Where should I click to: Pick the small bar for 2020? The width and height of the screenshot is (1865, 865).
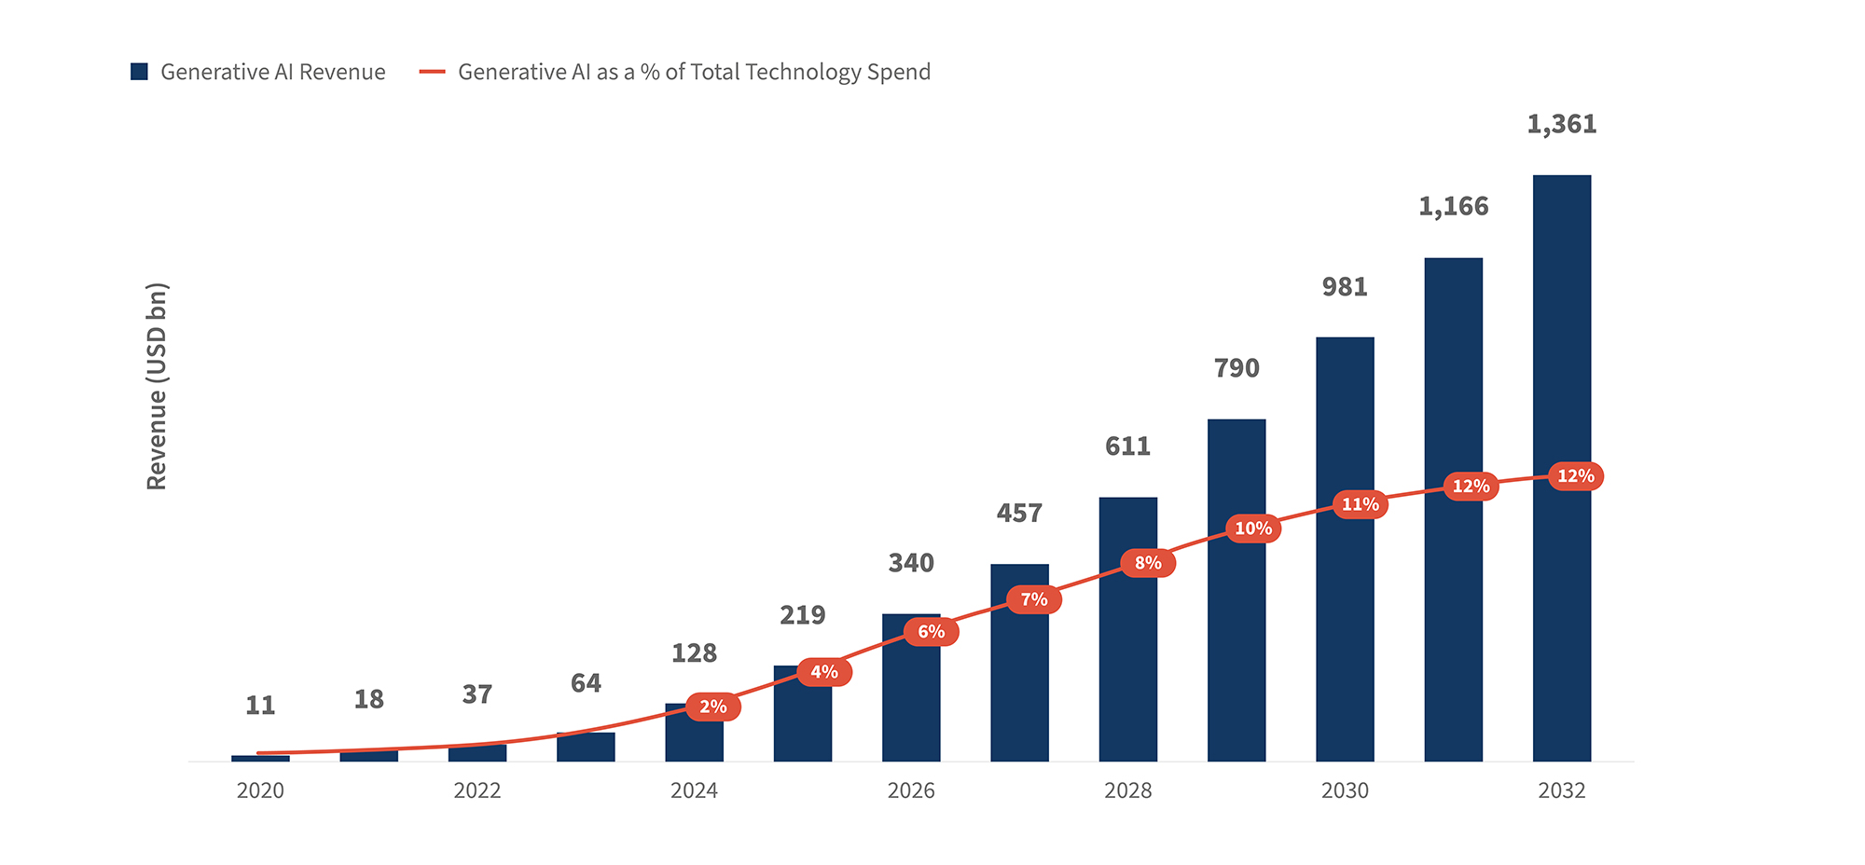pyautogui.click(x=260, y=758)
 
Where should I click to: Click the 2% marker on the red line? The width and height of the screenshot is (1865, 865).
pyautogui.click(x=713, y=707)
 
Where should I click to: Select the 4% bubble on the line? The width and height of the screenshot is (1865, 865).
pyautogui.click(x=824, y=672)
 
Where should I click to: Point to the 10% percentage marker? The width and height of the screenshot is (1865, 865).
pyautogui.click(x=1253, y=529)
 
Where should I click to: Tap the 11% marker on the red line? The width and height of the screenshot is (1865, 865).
pyautogui.click(x=1360, y=504)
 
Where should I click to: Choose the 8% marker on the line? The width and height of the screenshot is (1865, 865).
pyautogui.click(x=1148, y=563)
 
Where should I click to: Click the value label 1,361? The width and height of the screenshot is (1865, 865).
pyautogui.click(x=1561, y=124)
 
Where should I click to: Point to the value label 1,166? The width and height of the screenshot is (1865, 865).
pyautogui.click(x=1453, y=206)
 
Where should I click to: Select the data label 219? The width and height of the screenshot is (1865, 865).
pyautogui.click(x=802, y=615)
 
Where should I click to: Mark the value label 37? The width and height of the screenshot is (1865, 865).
pyautogui.click(x=477, y=694)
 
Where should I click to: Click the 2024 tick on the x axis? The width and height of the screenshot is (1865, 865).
pyautogui.click(x=694, y=790)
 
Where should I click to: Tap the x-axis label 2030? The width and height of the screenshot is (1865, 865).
pyautogui.click(x=1345, y=790)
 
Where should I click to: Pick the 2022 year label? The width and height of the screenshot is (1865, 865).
pyautogui.click(x=477, y=790)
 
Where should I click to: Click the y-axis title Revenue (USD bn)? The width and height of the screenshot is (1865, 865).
pyautogui.click(x=157, y=386)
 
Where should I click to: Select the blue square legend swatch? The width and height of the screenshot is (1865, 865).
pyautogui.click(x=139, y=72)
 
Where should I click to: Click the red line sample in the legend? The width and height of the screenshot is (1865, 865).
pyautogui.click(x=433, y=72)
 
